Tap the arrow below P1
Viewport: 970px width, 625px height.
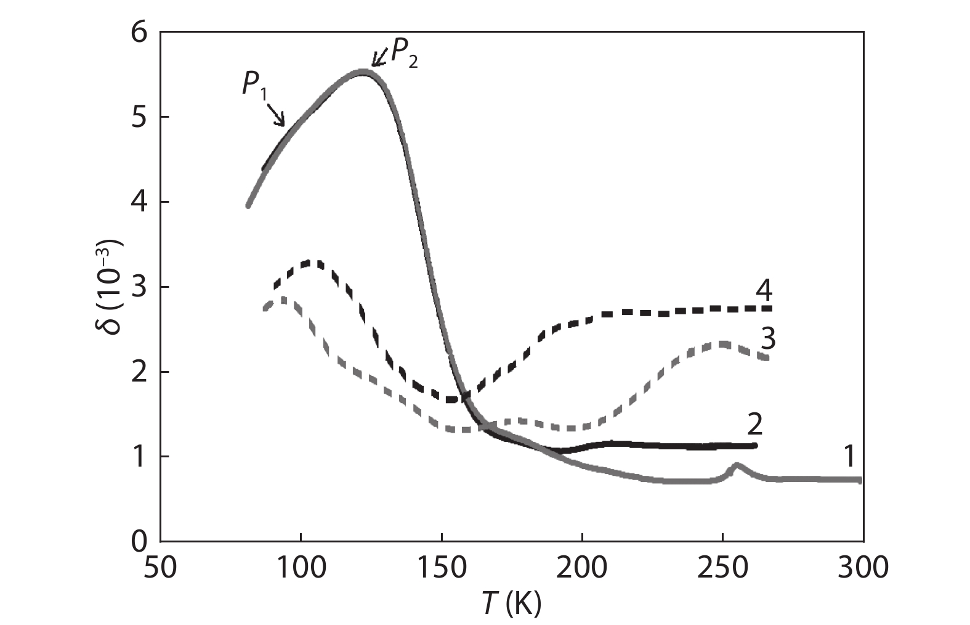pyautogui.click(x=277, y=115)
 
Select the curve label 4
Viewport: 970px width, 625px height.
pyautogui.click(x=764, y=290)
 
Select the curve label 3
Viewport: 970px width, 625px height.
pyautogui.click(x=768, y=338)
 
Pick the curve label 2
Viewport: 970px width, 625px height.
pyautogui.click(x=754, y=424)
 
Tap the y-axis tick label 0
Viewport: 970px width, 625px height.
pyautogui.click(x=141, y=541)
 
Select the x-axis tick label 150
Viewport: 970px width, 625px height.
pyautogui.click(x=442, y=566)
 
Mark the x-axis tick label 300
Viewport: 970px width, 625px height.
pyautogui.click(x=862, y=566)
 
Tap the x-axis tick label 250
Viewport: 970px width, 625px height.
pyautogui.click(x=722, y=566)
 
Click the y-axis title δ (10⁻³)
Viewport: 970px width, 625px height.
pyautogui.click(x=110, y=286)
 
